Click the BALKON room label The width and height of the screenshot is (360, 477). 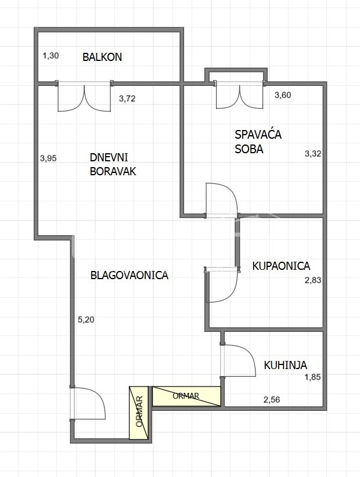click(x=102, y=57)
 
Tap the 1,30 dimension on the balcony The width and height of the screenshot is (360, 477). click(x=51, y=56)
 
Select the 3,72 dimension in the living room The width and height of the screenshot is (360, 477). click(x=127, y=99)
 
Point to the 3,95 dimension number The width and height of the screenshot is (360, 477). click(x=48, y=158)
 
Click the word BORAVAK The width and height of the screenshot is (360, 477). click(x=113, y=172)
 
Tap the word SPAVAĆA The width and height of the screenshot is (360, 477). click(x=258, y=135)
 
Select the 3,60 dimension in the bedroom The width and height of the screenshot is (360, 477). click(x=283, y=95)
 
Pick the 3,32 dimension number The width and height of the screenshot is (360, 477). click(x=313, y=154)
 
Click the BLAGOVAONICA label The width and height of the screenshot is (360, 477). click(x=129, y=275)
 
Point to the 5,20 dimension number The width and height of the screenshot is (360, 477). click(x=86, y=319)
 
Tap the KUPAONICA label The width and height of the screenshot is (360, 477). click(x=281, y=266)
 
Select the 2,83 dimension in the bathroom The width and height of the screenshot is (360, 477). click(x=313, y=280)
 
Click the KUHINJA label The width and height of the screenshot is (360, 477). click(x=286, y=365)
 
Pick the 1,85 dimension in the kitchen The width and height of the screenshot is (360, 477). click(x=313, y=377)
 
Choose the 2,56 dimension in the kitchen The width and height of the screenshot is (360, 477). click(x=272, y=399)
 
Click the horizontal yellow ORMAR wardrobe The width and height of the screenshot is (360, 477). click(x=186, y=396)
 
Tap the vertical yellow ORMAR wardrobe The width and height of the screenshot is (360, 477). click(x=139, y=413)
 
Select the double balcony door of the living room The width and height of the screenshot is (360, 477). click(x=84, y=97)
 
